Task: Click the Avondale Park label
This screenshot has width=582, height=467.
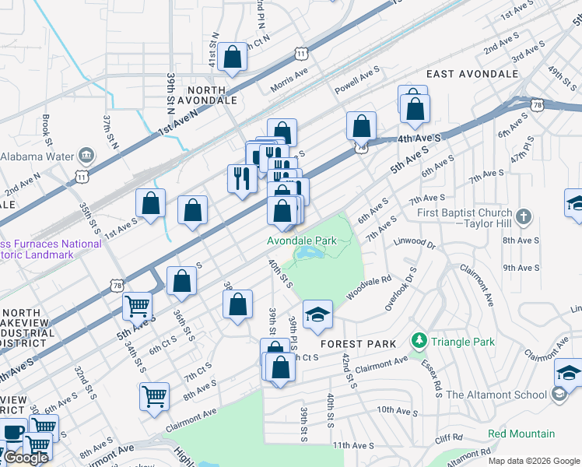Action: click(302, 241)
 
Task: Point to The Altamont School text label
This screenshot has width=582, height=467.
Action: click(496, 395)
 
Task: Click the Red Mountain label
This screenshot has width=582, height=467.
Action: click(521, 434)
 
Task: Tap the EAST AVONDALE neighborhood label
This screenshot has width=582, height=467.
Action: click(472, 74)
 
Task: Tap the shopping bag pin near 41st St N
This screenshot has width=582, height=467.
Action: click(232, 58)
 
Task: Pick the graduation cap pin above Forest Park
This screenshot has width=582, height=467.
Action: click(317, 315)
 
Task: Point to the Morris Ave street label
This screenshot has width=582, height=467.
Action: click(289, 82)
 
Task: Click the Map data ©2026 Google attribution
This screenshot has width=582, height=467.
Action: click(534, 461)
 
